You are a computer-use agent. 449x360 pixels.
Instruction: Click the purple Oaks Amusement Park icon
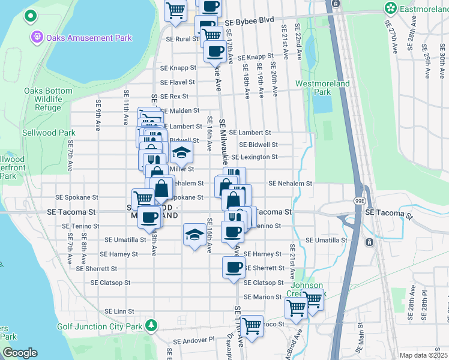pos(37,37)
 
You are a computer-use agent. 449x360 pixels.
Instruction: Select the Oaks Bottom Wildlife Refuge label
pos(43,99)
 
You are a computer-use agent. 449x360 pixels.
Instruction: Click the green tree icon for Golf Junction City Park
pos(152,326)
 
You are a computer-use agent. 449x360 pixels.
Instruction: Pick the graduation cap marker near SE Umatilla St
pos(194,235)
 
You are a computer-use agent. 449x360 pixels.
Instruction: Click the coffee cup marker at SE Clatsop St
pos(233,267)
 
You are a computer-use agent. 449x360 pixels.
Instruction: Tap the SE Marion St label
pos(262,297)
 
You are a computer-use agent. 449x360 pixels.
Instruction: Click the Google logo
pos(20,352)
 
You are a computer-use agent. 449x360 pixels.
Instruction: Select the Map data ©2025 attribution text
pos(423,355)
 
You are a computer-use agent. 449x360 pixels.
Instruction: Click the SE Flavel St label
pos(178,82)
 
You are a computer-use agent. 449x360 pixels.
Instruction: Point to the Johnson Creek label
pos(307,289)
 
